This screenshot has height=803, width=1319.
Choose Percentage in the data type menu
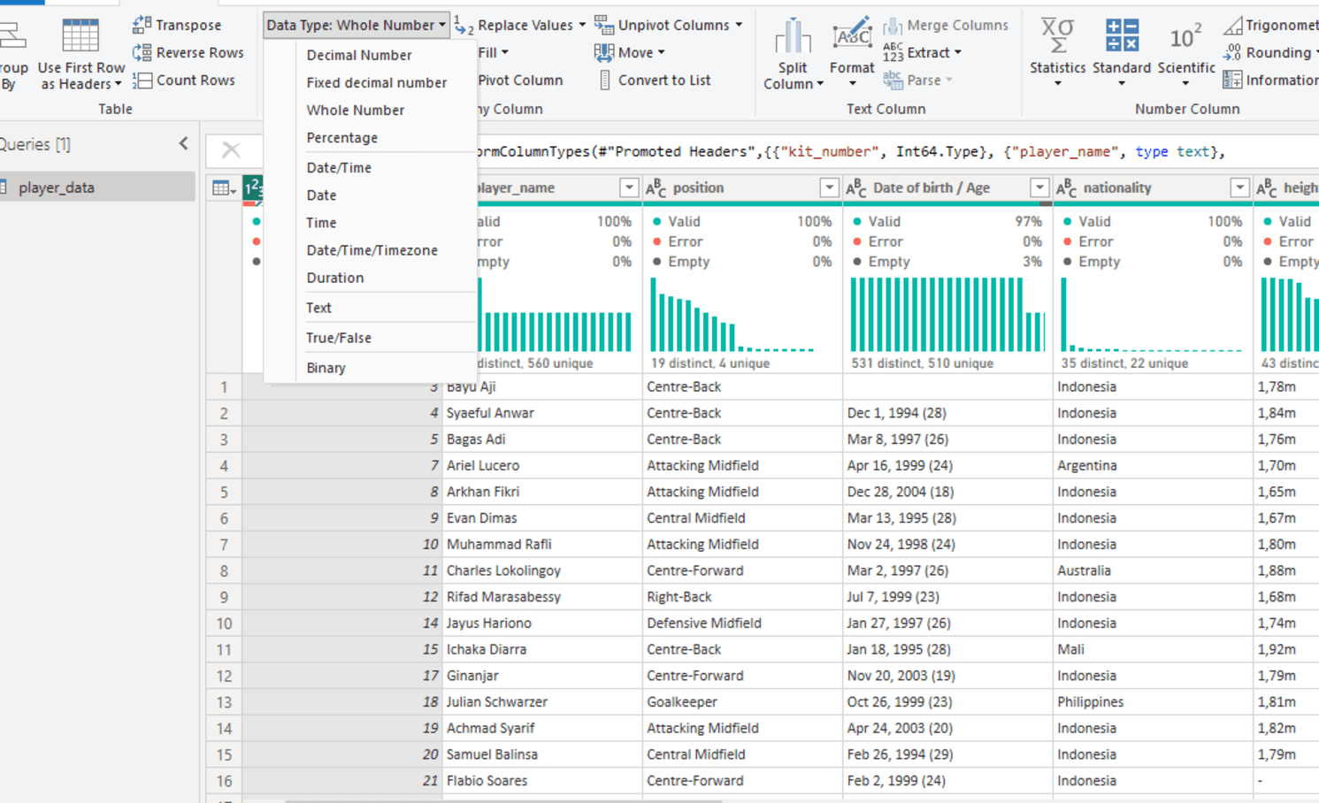342,138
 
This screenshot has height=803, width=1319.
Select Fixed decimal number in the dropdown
377,83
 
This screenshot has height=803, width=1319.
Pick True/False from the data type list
339,338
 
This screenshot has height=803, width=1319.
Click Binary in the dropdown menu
326,368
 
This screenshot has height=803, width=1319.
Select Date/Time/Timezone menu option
372,250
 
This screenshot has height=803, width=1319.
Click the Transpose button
177,25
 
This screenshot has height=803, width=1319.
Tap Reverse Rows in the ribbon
188,52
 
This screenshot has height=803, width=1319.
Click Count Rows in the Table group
184,80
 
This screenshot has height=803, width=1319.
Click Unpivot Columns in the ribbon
668,25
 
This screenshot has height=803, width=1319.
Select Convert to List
655,80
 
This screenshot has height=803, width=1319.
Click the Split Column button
793,54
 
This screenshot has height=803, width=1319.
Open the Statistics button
1057,53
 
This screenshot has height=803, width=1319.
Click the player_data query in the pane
57,187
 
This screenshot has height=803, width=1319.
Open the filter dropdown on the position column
829,187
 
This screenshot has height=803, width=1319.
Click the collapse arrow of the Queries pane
184,143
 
